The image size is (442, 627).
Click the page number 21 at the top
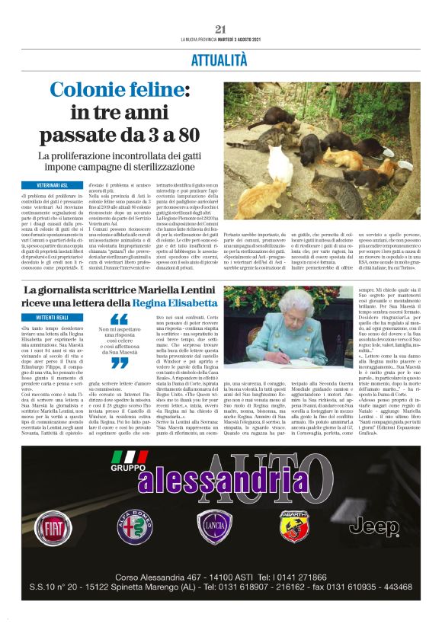coord(221,28)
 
